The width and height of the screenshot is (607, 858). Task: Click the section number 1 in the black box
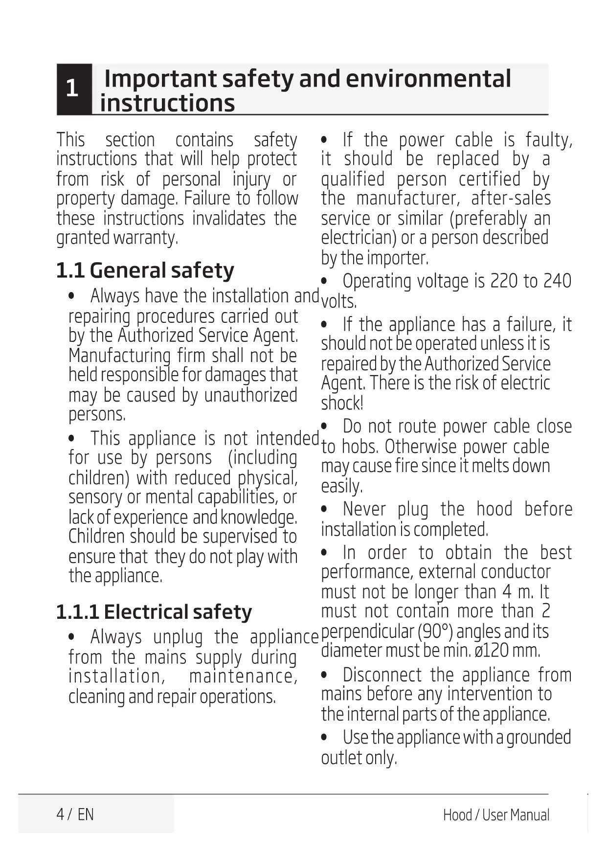click(72, 89)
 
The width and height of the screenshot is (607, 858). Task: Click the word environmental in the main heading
click(424, 79)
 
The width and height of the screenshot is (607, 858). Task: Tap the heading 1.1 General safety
click(145, 271)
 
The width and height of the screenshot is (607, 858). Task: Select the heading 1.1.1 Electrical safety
click(154, 612)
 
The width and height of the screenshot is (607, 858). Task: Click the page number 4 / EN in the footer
click(75, 814)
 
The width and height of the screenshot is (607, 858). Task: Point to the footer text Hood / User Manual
click(496, 815)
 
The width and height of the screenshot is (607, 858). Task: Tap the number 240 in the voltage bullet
click(557, 281)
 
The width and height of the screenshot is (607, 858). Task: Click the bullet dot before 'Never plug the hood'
click(324, 509)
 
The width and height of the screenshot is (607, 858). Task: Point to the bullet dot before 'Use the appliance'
click(324, 737)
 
